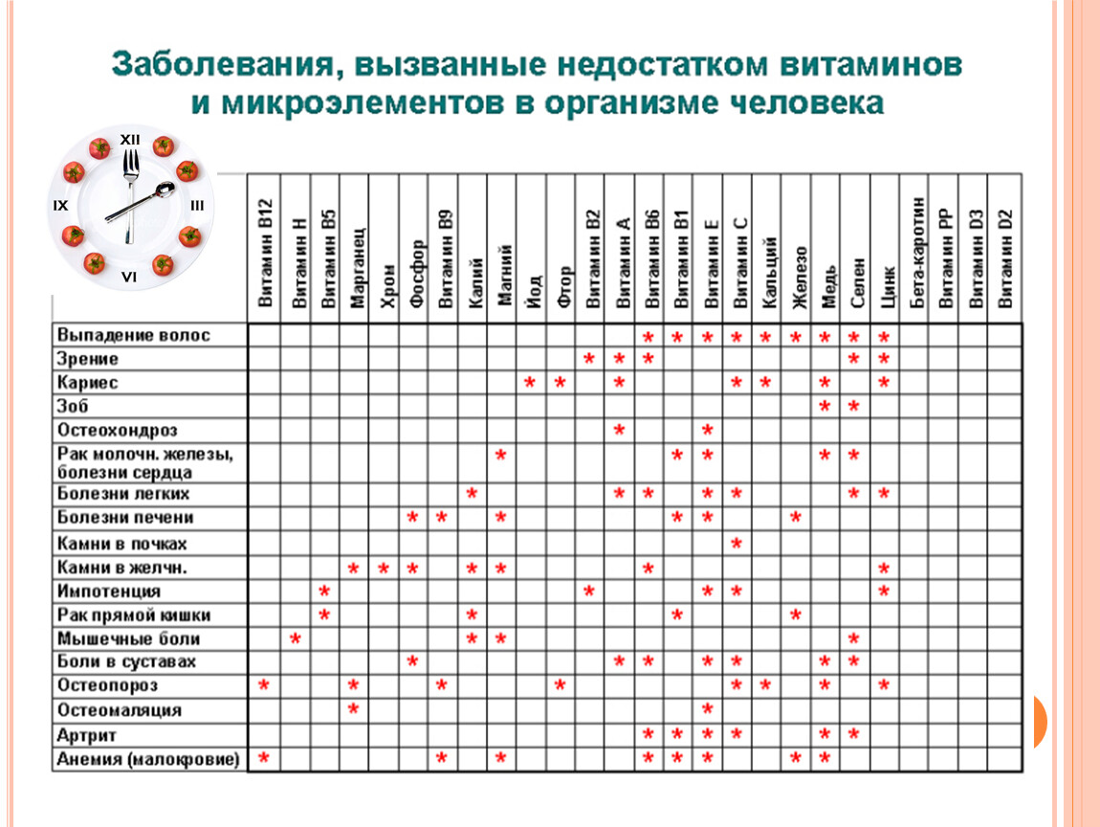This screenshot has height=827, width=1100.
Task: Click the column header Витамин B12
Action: [264, 252]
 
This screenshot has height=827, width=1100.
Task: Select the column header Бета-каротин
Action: [916, 253]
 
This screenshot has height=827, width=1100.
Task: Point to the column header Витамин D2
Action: [1004, 258]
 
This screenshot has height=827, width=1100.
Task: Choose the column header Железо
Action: [799, 278]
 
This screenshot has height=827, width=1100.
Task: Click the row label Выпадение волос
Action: [133, 335]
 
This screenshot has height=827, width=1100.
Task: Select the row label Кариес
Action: [87, 383]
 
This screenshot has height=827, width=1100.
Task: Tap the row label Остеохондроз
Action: [117, 430]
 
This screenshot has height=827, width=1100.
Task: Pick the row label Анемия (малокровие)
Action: [148, 759]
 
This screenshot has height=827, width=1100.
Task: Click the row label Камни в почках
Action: [122, 544]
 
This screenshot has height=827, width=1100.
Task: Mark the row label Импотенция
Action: [109, 592]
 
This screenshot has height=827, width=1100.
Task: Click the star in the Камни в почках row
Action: [737, 543]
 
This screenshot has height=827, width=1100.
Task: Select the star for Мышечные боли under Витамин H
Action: [296, 638]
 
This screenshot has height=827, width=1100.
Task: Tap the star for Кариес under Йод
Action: [530, 382]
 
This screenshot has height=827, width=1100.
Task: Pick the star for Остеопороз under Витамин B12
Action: [264, 684]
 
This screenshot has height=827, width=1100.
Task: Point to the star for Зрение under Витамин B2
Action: [589, 358]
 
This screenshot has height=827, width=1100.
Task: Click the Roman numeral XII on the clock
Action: [130, 140]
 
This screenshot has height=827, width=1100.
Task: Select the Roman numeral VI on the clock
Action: [129, 278]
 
